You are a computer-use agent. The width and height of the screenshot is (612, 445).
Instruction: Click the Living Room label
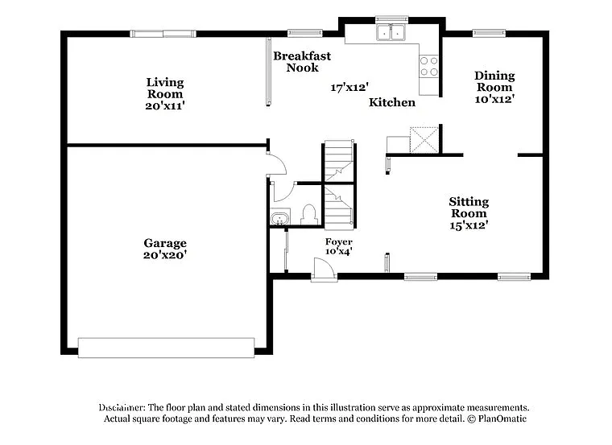tap(165, 88)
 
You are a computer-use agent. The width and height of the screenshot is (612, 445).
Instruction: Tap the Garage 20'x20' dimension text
tap(165, 255)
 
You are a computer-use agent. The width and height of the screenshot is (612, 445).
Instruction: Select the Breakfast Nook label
tap(302, 61)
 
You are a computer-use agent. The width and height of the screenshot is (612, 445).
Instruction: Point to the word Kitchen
tap(392, 102)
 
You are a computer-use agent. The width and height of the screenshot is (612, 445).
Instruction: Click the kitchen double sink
tap(391, 33)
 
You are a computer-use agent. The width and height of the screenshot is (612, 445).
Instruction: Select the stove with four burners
tap(429, 65)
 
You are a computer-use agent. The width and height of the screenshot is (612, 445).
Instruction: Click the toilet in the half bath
tap(308, 214)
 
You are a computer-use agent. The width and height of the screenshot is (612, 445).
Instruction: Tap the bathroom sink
tap(279, 217)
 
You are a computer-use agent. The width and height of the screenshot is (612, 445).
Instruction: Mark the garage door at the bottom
tap(166, 348)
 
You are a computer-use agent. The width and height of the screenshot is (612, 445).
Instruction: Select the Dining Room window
tap(489, 33)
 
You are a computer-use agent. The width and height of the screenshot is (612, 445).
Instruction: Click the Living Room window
tap(163, 33)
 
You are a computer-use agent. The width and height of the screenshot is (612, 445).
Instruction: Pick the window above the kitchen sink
tap(391, 19)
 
